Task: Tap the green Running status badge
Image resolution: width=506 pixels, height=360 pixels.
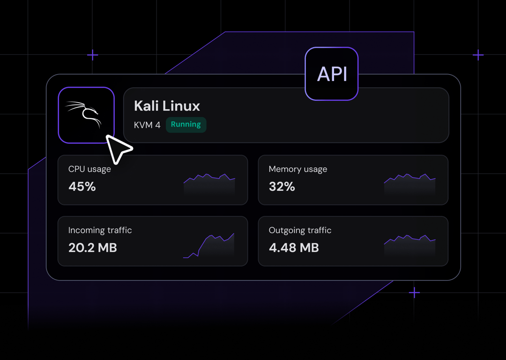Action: click(x=186, y=125)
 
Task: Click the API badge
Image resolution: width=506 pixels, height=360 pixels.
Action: click(x=332, y=74)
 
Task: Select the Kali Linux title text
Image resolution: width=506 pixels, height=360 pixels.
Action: click(x=167, y=106)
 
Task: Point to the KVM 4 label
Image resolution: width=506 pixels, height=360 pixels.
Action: click(x=147, y=125)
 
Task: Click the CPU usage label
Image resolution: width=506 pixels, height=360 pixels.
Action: click(x=89, y=169)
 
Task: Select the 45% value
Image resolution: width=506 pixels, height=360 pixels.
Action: click(x=82, y=187)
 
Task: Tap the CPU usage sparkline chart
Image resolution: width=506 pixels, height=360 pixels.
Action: click(x=209, y=184)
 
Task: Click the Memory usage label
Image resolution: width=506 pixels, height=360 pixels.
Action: click(x=298, y=169)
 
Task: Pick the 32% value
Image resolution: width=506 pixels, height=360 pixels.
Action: click(x=282, y=187)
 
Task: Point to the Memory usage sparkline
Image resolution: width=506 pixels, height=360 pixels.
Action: click(x=409, y=184)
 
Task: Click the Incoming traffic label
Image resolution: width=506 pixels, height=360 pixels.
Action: click(x=100, y=230)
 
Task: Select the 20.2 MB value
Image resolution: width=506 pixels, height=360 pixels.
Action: click(x=92, y=247)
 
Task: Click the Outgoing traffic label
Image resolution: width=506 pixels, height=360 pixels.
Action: click(x=300, y=230)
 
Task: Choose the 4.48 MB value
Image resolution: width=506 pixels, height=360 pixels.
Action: click(x=294, y=247)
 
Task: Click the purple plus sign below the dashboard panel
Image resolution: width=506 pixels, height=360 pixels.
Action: click(x=414, y=293)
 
